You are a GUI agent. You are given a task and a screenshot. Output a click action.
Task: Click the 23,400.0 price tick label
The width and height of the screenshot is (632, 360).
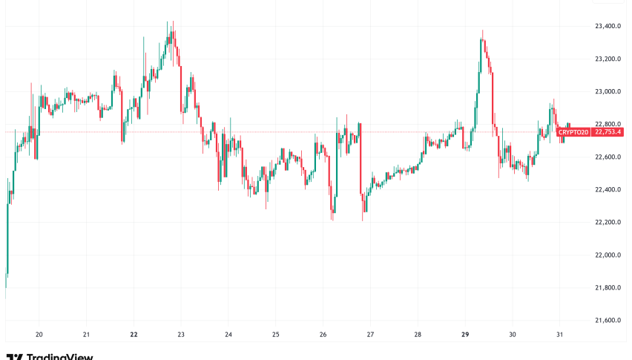608,26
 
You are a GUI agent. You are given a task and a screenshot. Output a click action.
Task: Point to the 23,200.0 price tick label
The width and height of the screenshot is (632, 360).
608,59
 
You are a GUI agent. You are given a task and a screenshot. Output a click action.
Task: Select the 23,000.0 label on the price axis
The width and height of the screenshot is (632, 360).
608,91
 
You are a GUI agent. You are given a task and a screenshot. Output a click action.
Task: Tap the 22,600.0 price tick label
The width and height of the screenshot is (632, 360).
608,157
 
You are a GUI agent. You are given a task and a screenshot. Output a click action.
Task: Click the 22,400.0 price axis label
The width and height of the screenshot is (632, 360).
608,189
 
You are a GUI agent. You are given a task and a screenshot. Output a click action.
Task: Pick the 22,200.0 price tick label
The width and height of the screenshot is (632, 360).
608,222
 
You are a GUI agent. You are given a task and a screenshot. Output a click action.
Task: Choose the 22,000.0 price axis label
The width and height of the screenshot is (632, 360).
608,255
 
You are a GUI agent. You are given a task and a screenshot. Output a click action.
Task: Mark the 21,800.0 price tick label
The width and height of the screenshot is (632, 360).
608,287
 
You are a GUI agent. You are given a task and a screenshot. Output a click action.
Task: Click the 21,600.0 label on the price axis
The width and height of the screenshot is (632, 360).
608,320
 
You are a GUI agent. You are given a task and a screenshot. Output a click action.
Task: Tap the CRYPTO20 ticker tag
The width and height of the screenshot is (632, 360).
573,132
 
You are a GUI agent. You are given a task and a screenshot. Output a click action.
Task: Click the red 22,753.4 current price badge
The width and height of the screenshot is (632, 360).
608,132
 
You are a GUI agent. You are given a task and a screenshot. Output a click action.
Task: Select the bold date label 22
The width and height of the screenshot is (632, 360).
134,335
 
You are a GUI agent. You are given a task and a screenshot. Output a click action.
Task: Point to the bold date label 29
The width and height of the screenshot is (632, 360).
465,335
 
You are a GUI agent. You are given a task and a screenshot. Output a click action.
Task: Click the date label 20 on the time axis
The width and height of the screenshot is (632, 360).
39,335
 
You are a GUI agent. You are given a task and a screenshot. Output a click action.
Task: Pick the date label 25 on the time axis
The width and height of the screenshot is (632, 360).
276,335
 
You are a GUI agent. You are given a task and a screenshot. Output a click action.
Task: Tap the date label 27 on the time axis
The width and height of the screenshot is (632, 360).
370,335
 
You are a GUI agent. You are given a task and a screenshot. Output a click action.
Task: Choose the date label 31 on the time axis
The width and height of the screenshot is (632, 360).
559,335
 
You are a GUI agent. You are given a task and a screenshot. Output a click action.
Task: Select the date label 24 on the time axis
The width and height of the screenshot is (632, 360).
228,335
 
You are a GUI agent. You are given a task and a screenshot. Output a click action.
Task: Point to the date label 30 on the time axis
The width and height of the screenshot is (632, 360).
512,335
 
